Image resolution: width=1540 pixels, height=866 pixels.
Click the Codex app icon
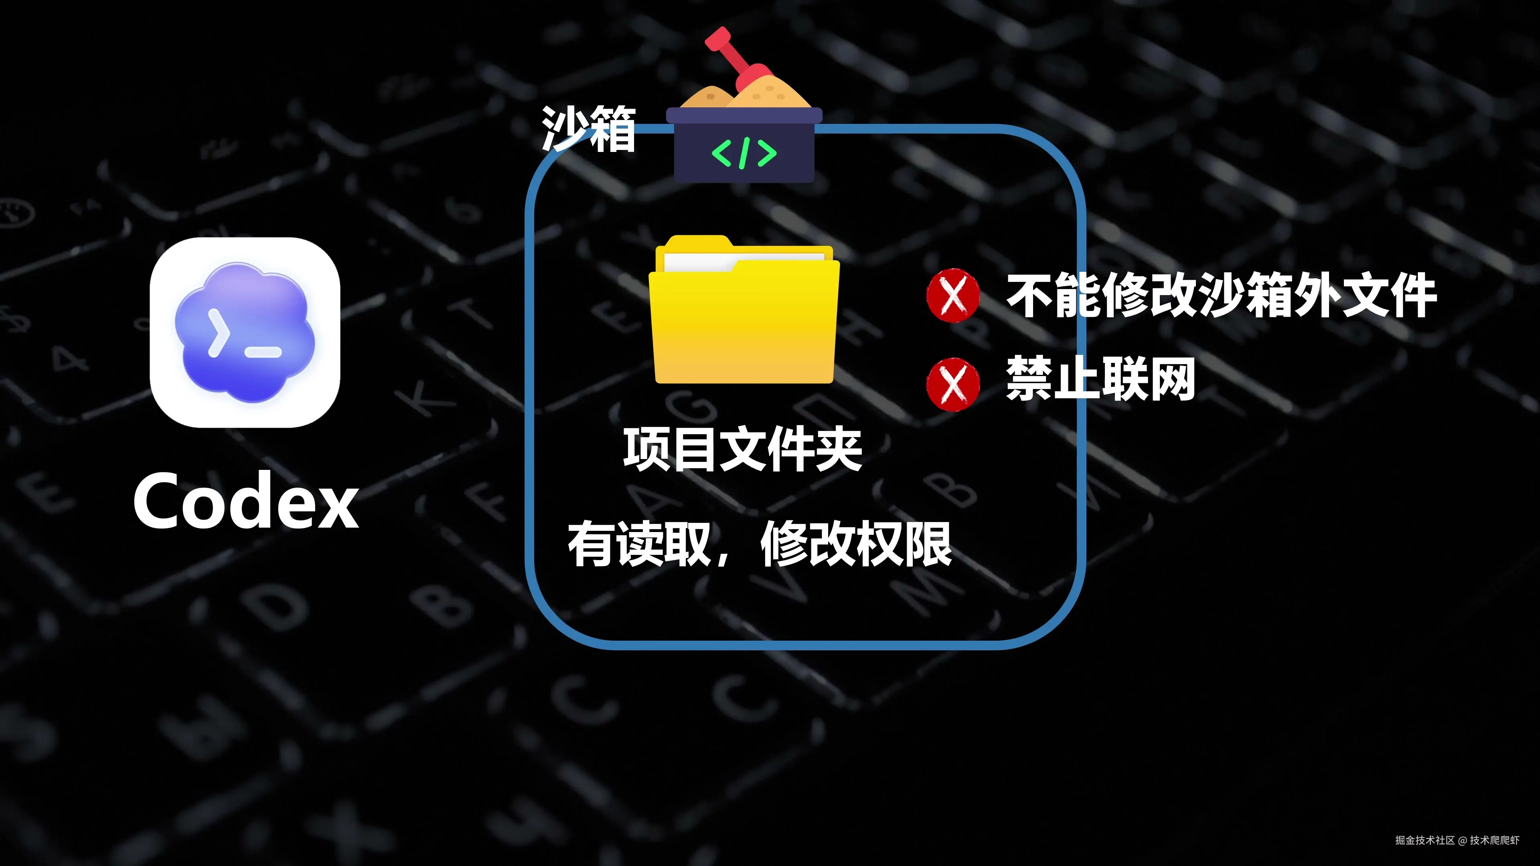[x=245, y=332]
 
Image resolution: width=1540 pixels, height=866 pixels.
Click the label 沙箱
[x=588, y=128]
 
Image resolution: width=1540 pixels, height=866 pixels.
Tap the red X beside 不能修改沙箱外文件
[x=953, y=295]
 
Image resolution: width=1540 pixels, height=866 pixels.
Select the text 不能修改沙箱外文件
[x=1221, y=295]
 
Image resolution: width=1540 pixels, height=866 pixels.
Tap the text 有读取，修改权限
[x=759, y=544]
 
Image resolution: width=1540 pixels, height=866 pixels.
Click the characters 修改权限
[x=856, y=544]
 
